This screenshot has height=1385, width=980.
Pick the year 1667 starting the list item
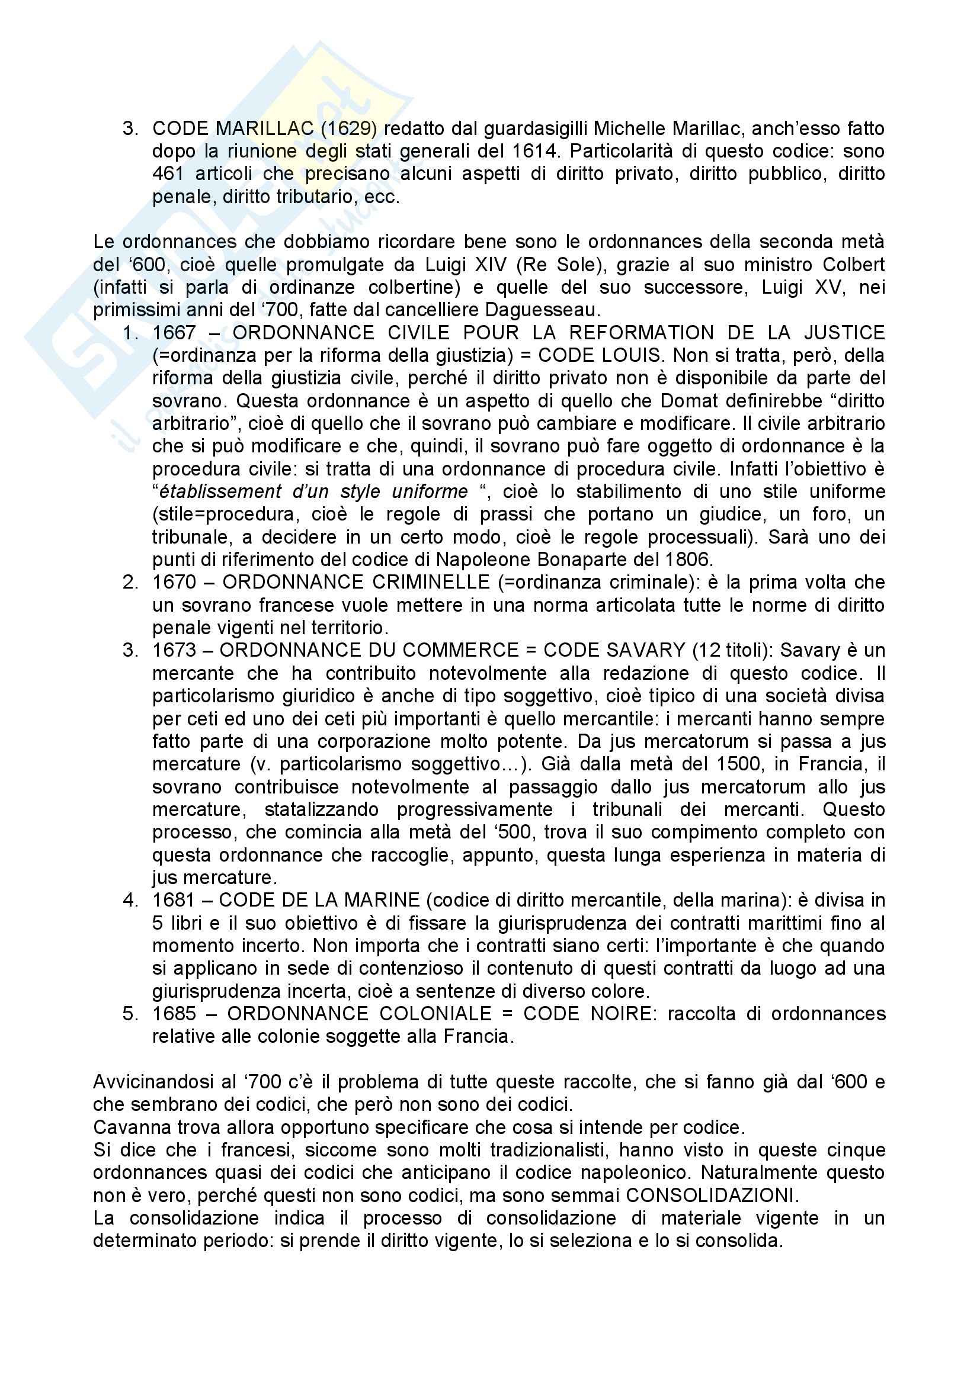[174, 333]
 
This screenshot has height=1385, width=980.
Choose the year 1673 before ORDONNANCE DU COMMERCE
[174, 650]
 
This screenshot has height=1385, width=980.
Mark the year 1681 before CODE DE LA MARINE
[174, 900]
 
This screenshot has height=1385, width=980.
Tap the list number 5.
[129, 1013]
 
